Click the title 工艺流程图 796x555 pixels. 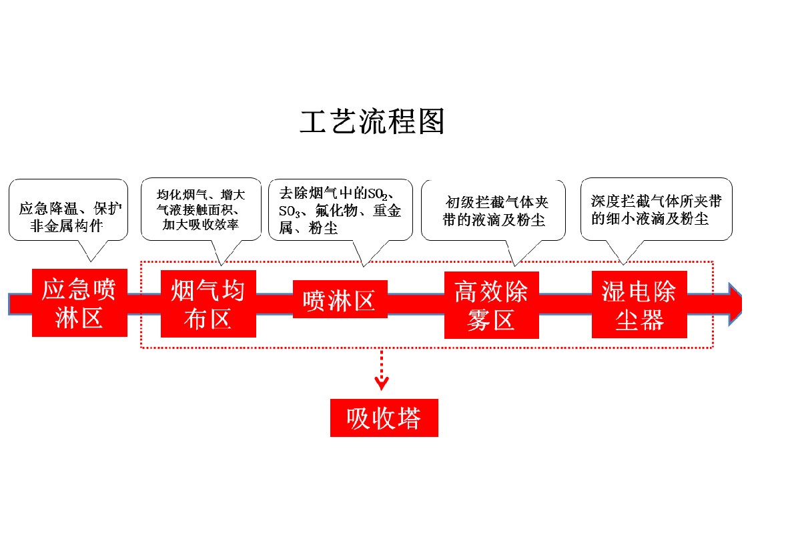point(372,121)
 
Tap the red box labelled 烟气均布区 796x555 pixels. point(208,304)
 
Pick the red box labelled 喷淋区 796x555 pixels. point(340,300)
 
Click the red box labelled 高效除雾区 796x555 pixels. point(491,305)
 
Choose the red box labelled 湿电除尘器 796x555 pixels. point(639,305)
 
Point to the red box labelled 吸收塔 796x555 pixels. point(384,418)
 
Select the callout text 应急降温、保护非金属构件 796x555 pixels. point(69,217)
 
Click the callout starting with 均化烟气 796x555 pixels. point(200,210)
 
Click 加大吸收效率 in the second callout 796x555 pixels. point(200,225)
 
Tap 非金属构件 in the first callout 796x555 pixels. point(69,225)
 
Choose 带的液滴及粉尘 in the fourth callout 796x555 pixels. point(494,219)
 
